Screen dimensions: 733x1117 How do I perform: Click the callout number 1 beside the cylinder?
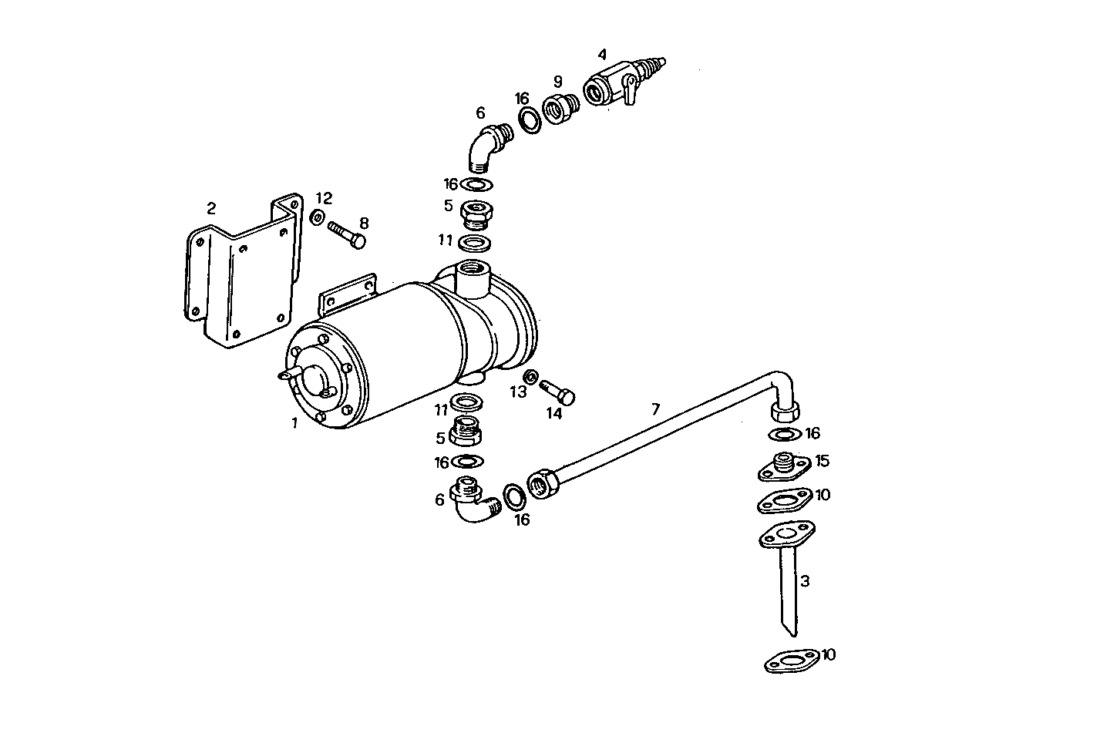294,422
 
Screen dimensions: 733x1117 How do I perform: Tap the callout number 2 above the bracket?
211,208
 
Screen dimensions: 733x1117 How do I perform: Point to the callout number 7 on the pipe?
655,409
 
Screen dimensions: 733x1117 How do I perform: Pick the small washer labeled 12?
317,218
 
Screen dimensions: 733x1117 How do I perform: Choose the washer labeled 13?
530,377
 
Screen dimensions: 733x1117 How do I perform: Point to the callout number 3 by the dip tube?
805,581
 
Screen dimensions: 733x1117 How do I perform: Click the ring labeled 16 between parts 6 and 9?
528,119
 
